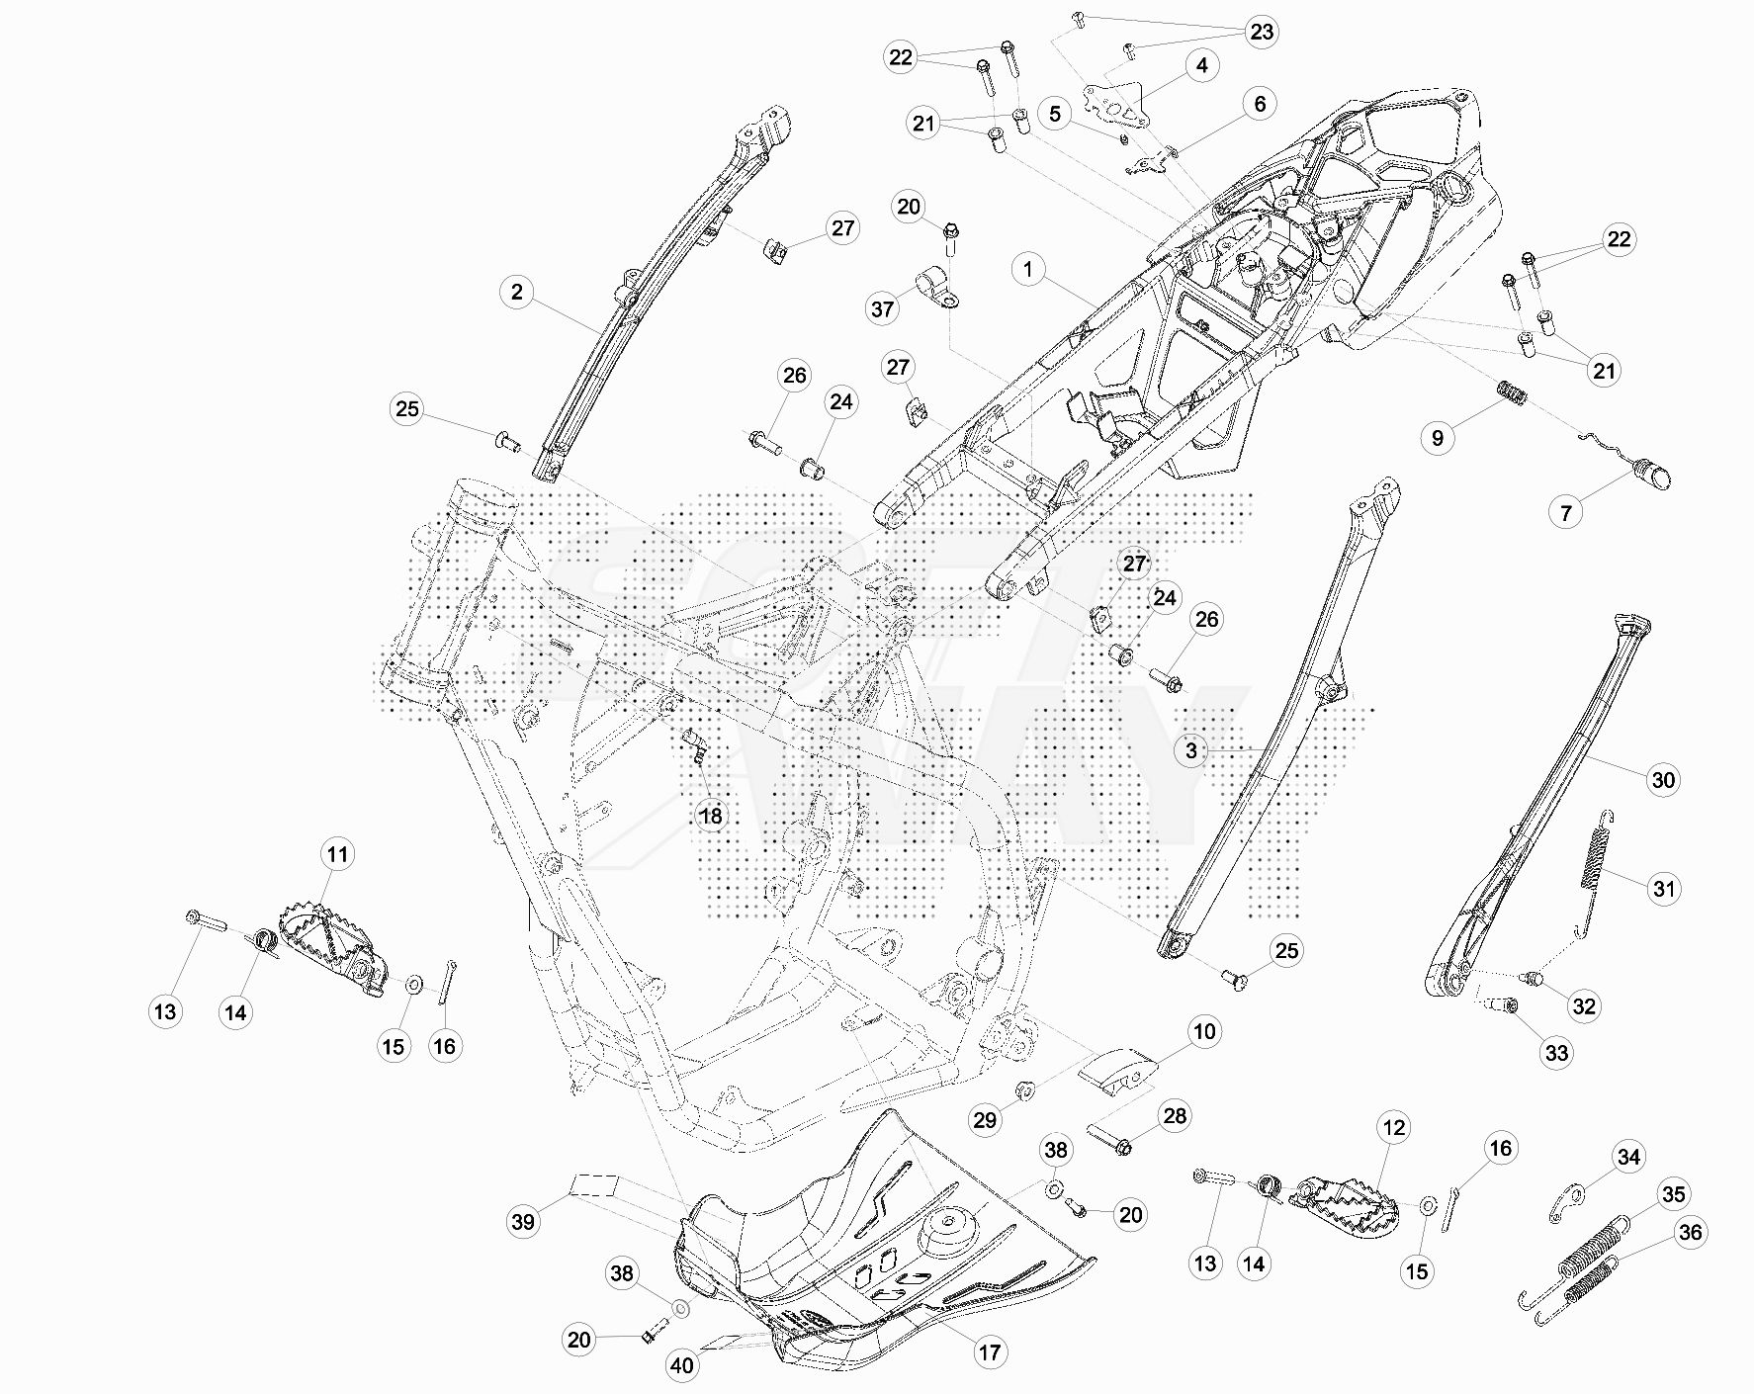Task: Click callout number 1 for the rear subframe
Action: pyautogui.click(x=1028, y=269)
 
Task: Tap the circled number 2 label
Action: pyautogui.click(x=516, y=293)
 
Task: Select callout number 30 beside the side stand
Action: pyautogui.click(x=1663, y=780)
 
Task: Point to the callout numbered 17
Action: pyautogui.click(x=989, y=1352)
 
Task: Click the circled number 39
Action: pyautogui.click(x=523, y=1222)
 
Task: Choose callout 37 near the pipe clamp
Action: pyautogui.click(x=882, y=309)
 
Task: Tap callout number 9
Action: pyautogui.click(x=1438, y=438)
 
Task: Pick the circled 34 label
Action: pyautogui.click(x=1628, y=1157)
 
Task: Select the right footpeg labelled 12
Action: pyautogui.click(x=1345, y=1202)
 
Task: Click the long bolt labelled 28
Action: pyautogui.click(x=1109, y=1139)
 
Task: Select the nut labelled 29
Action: pyautogui.click(x=1024, y=1090)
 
